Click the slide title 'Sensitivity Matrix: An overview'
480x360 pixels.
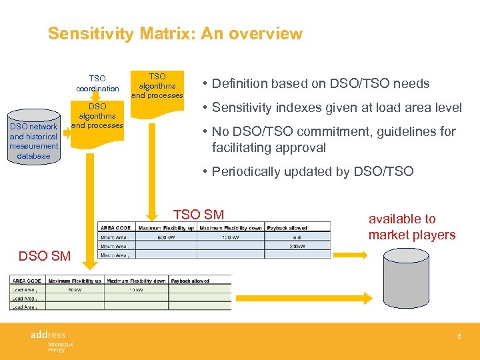click(x=175, y=34)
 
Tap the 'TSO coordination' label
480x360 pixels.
click(x=97, y=83)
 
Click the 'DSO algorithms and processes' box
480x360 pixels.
click(x=97, y=116)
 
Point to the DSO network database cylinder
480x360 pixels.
click(x=33, y=141)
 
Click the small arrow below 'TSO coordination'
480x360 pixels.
click(x=97, y=97)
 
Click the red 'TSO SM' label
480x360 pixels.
click(x=198, y=214)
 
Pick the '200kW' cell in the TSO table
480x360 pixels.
click(x=297, y=245)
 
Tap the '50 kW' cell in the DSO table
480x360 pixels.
click(x=74, y=289)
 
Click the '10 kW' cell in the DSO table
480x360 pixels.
click(x=135, y=289)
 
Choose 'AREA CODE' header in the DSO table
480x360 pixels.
click(x=26, y=281)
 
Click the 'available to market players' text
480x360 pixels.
click(x=411, y=227)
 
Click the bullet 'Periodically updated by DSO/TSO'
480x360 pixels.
click(x=312, y=171)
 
